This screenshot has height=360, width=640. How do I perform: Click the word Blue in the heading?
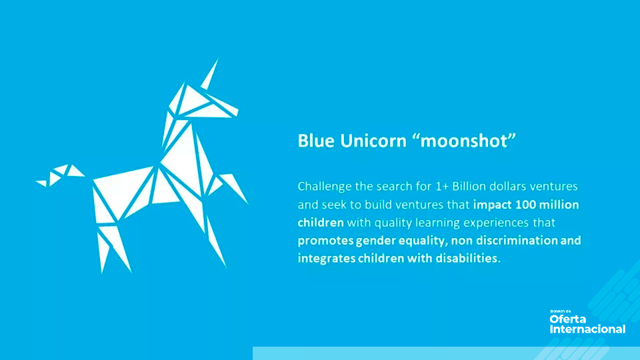pyautogui.click(x=316, y=141)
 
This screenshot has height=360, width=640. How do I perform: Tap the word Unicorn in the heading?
pyautogui.click(x=373, y=141)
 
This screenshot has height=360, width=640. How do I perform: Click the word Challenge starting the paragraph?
pyautogui.click(x=325, y=187)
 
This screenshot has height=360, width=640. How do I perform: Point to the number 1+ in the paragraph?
pyautogui.click(x=441, y=187)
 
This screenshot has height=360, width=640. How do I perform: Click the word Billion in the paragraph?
pyautogui.click(x=469, y=187)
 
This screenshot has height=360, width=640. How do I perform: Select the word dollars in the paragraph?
pyautogui.click(x=508, y=187)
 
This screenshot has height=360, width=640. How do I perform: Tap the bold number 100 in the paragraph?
pyautogui.click(x=525, y=205)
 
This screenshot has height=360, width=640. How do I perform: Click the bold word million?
pyautogui.click(x=559, y=205)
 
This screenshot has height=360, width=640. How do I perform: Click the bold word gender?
pyautogui.click(x=375, y=241)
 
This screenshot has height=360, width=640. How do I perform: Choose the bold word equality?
pyautogui.click(x=423, y=241)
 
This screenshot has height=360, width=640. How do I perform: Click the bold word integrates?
pyautogui.click(x=326, y=259)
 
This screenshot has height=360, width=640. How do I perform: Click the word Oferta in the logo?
pyautogui.click(x=568, y=319)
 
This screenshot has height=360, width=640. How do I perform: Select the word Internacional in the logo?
pyautogui.click(x=587, y=329)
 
